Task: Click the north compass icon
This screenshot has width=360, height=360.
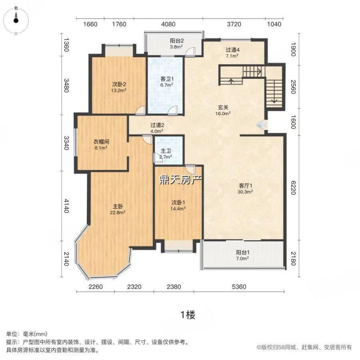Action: pos(16,18)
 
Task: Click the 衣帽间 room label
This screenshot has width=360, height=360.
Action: pos(101,141)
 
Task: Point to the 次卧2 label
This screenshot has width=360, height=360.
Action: pos(119,84)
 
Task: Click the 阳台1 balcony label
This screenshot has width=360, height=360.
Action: pos(243,252)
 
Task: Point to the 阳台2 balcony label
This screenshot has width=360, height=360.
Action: pos(176,40)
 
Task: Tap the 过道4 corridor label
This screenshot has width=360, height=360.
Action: pos(232,50)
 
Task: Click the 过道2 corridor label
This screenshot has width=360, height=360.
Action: pos(156,125)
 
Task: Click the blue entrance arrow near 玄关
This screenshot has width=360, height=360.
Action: pos(261,125)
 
